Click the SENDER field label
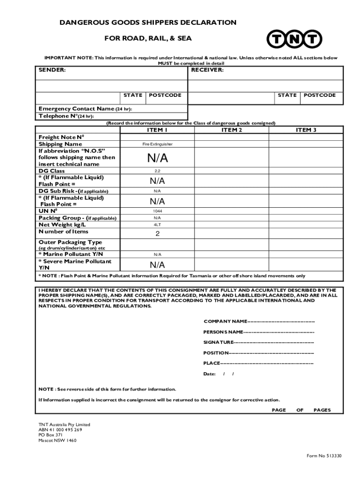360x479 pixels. (52, 70)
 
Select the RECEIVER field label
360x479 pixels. (207, 70)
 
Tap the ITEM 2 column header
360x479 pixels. (231, 130)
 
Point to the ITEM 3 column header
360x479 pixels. (306, 130)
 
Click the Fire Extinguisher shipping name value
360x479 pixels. (157, 144)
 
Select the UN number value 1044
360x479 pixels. (157, 211)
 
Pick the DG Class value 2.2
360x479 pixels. (157, 171)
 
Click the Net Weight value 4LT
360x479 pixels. (157, 225)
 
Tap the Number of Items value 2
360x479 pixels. (157, 233)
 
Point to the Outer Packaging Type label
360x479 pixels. (70, 242)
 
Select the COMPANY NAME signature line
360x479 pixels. (259, 321)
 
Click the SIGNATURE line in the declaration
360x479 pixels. (258, 342)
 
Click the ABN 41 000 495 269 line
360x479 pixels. (60, 430)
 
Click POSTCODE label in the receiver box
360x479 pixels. (320, 95)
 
